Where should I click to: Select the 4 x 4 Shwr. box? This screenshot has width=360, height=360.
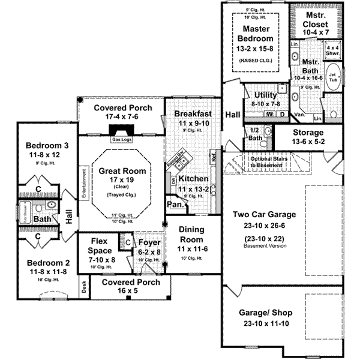point(333,50)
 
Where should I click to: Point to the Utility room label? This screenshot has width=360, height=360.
point(265,95)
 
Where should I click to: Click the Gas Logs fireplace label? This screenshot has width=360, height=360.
point(122,140)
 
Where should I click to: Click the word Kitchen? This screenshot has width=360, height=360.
point(194,178)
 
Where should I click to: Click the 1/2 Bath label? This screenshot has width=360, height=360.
point(254,135)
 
